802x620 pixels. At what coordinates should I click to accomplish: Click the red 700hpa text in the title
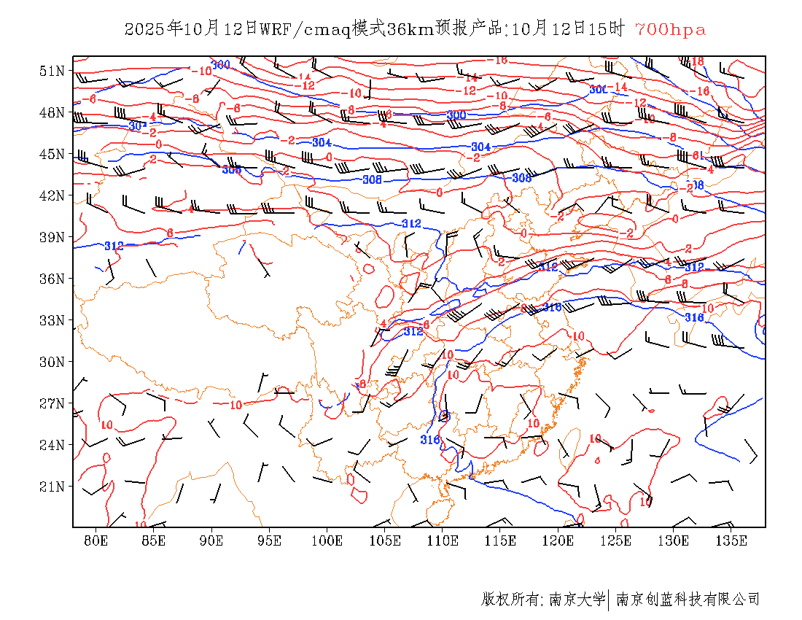670,30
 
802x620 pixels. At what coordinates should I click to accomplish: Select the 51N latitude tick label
52,71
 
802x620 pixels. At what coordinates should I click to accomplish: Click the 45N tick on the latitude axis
52,154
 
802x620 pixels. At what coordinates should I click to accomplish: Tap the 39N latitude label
52,237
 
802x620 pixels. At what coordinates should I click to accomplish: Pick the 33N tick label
52,320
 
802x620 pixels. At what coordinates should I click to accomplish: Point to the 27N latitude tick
52,403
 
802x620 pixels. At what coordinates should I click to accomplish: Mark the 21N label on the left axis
52,487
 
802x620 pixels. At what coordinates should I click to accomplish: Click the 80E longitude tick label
96,540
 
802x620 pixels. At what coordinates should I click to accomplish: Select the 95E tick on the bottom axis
270,540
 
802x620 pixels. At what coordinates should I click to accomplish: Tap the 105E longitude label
385,540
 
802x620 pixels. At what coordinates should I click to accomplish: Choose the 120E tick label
558,540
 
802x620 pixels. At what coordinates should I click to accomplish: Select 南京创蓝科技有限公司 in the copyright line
688,600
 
